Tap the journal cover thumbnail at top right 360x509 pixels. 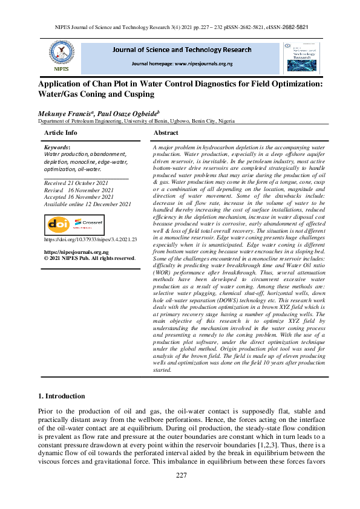point(303,57)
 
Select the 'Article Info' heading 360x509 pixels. point(61,132)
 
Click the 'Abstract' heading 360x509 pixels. point(166,132)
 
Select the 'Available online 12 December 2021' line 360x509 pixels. point(88,204)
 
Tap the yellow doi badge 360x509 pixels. point(59,224)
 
